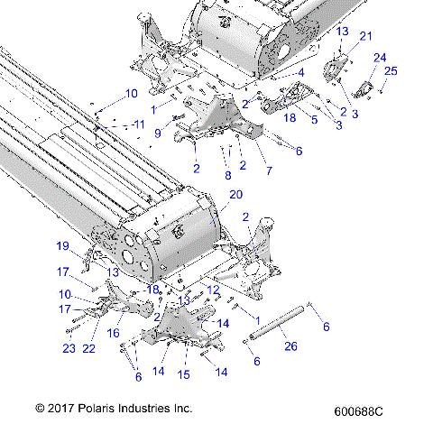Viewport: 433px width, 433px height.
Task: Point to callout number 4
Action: coord(301,72)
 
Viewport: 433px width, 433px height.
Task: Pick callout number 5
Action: coord(314,118)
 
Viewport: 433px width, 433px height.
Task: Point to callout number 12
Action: coord(213,290)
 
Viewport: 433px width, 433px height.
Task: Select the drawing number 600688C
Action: coord(358,410)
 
